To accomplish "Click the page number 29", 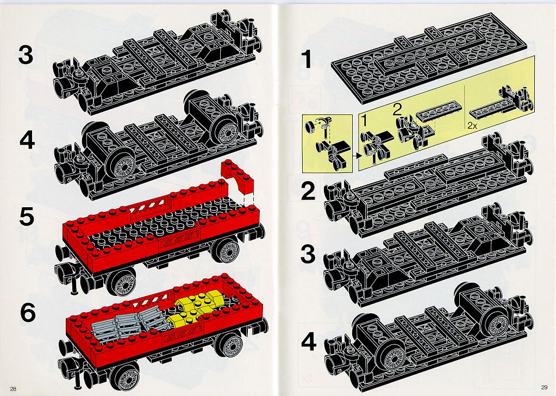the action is point(544,387).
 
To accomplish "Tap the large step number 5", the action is point(27,216).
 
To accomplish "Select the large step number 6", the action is point(28,313).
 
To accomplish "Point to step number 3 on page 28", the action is point(26,55).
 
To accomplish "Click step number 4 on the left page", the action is point(27,140).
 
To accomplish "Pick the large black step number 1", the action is point(306,59).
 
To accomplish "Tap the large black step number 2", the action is point(308,191).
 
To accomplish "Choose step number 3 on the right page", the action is point(308,254).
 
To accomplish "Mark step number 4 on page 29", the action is point(309,342).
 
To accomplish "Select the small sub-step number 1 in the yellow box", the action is point(364,121).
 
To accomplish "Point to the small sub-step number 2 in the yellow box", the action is point(397,109).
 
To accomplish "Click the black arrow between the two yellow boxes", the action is point(357,155).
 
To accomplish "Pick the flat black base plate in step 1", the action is point(428,59).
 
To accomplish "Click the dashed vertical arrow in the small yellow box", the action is point(327,135).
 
